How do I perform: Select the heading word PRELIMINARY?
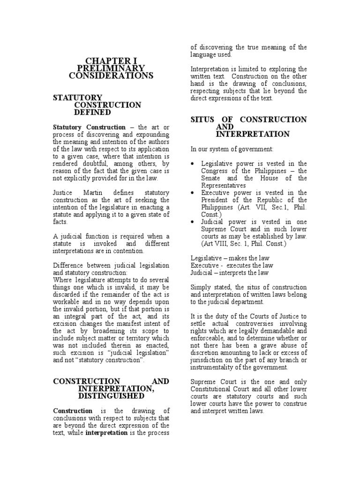point(111,68)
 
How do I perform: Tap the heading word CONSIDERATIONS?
point(111,75)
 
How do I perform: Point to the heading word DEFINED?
point(92,112)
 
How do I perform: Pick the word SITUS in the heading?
point(203,120)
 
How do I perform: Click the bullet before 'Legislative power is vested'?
point(194,164)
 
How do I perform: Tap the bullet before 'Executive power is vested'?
point(194,193)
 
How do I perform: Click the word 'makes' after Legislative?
point(238,258)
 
